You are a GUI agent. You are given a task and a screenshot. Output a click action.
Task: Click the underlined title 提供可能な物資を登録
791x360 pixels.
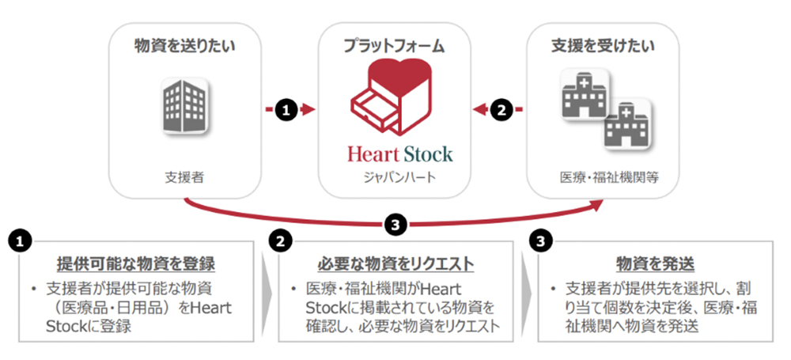point(136,263)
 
